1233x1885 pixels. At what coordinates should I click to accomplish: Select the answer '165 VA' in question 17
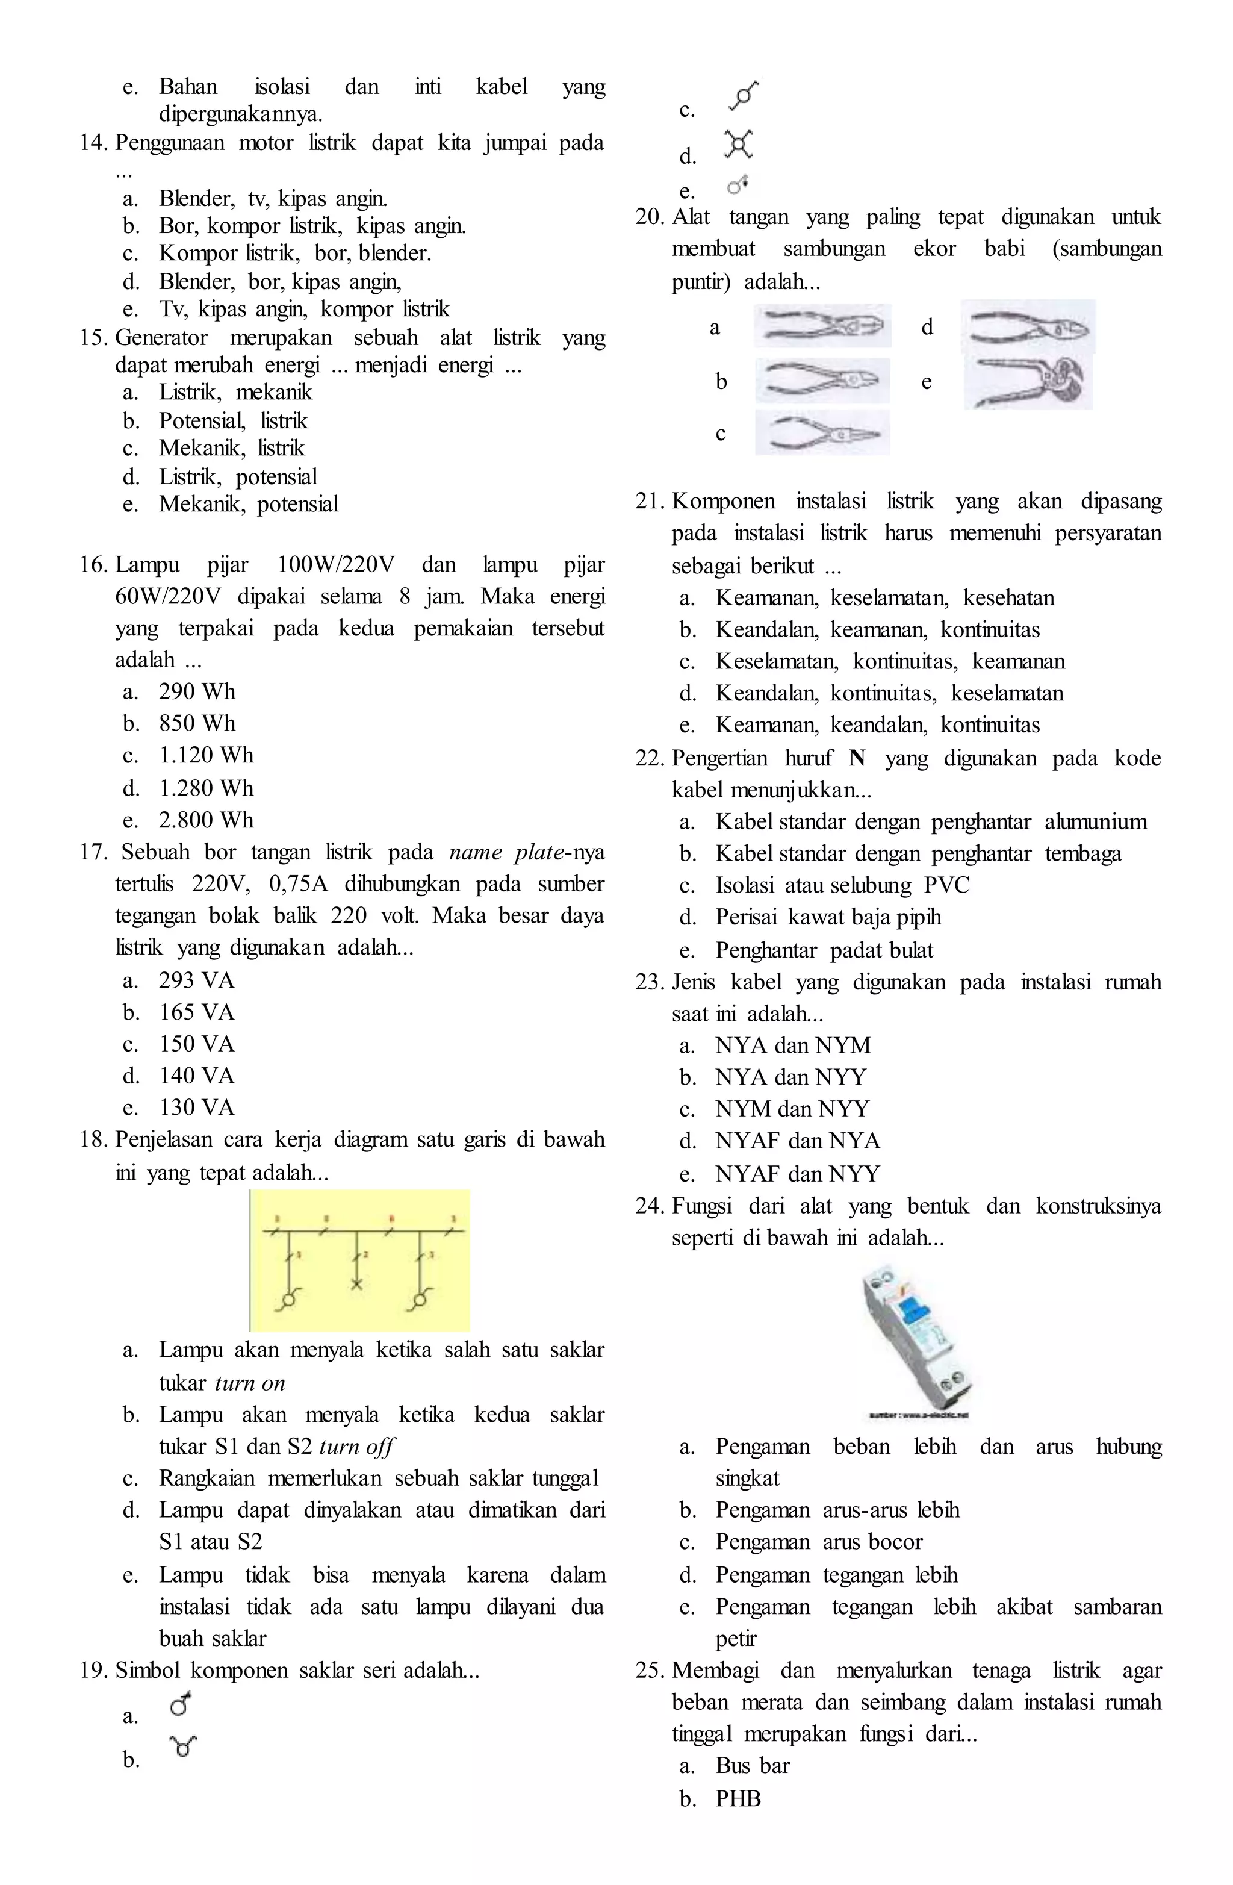pyautogui.click(x=196, y=1012)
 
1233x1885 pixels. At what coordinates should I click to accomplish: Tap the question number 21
pyautogui.click(x=650, y=501)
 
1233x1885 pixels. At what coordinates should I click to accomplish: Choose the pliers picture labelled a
pyautogui.click(x=822, y=326)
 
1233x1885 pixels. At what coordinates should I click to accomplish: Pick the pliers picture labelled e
pyautogui.click(x=1028, y=382)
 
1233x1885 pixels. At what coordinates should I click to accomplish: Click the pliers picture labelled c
pyautogui.click(x=822, y=432)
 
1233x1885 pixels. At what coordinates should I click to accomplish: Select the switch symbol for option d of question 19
pyautogui.click(x=738, y=144)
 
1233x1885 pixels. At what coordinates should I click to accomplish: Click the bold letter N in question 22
pyautogui.click(x=856, y=759)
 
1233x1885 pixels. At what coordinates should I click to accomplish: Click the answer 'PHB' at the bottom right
pyautogui.click(x=738, y=1799)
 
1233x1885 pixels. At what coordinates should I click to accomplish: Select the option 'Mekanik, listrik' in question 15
pyautogui.click(x=231, y=448)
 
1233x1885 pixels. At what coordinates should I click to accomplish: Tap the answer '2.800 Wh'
pyautogui.click(x=206, y=820)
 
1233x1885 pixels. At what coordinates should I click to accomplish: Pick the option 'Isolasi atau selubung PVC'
pyautogui.click(x=842, y=885)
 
